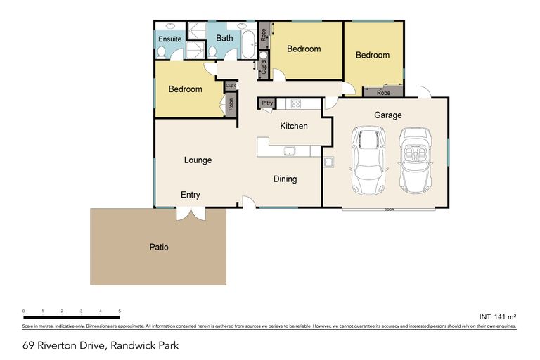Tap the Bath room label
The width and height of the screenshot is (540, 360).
224,38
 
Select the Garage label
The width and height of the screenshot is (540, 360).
387,115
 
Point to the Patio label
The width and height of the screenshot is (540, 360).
158,247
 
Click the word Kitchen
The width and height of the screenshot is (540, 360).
294,126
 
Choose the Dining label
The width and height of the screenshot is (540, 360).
285,179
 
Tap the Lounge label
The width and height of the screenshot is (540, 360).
198,160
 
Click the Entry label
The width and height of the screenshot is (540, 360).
191,195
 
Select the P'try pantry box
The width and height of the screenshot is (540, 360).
267,103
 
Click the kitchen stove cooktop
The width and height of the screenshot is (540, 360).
296,104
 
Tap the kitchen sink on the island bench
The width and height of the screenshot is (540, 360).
289,150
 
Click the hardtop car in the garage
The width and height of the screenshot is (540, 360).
368,161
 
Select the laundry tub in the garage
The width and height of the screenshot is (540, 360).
328,162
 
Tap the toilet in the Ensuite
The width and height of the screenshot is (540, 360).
161,52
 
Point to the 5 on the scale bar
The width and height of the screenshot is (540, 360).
120,311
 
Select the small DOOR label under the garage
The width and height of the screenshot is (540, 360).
388,210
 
